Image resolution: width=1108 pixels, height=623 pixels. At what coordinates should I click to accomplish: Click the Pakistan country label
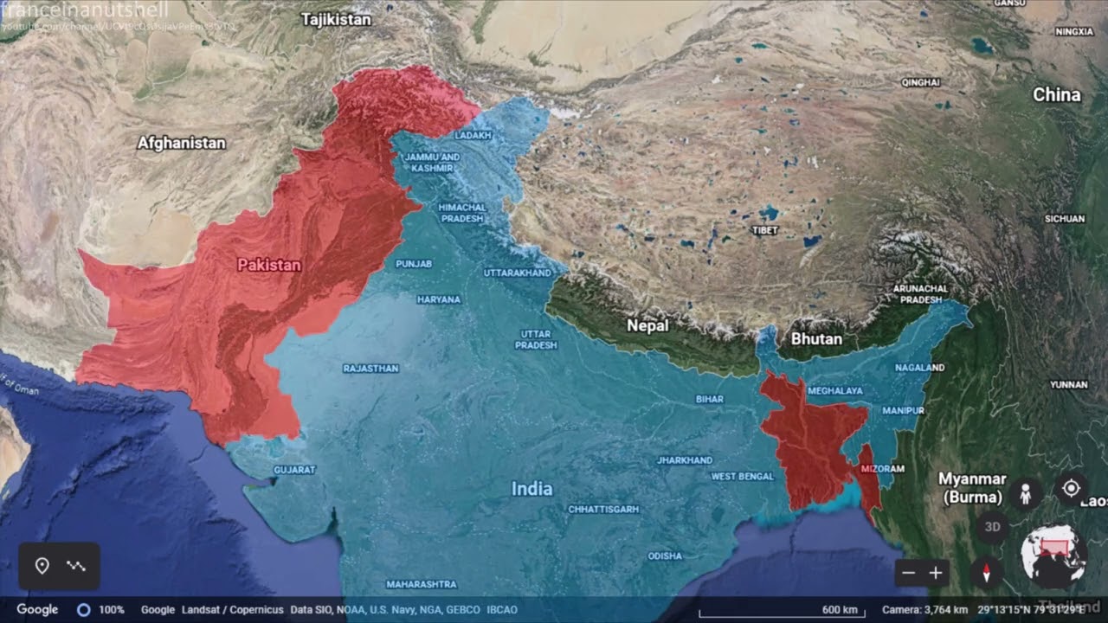pyautogui.click(x=269, y=265)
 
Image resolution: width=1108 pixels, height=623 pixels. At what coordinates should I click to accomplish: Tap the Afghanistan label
pyautogui.click(x=182, y=143)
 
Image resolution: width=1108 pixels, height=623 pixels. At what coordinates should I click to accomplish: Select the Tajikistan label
pyautogui.click(x=337, y=19)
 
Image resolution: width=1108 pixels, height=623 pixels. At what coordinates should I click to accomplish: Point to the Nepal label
pyautogui.click(x=648, y=325)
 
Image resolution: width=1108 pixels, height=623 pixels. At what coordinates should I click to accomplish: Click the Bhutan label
pyautogui.click(x=816, y=338)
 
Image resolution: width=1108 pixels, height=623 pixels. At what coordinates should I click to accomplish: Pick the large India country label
pyautogui.click(x=531, y=489)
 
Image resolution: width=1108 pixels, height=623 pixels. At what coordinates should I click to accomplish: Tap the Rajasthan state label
pyautogui.click(x=371, y=368)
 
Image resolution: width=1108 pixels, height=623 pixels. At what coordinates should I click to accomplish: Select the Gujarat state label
pyautogui.click(x=294, y=469)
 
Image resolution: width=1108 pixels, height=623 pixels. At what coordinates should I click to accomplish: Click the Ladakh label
pyautogui.click(x=473, y=136)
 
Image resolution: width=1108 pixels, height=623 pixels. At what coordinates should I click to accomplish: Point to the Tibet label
pyautogui.click(x=765, y=230)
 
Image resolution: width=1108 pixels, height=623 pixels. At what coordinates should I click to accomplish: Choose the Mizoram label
pyautogui.click(x=883, y=469)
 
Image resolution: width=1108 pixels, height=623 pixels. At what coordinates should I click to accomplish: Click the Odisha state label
pyautogui.click(x=665, y=556)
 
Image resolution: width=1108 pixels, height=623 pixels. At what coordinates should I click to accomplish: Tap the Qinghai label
pyautogui.click(x=920, y=82)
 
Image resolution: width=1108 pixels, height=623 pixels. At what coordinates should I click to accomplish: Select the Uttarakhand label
pyautogui.click(x=517, y=273)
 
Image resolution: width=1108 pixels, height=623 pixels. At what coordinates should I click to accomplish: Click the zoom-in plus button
pyautogui.click(x=936, y=573)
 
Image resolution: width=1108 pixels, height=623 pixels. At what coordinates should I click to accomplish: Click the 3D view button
pyautogui.click(x=993, y=526)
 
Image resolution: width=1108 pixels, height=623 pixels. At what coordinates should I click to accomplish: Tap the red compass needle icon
pyautogui.click(x=986, y=572)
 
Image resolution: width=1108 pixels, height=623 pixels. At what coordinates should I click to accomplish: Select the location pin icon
pyautogui.click(x=42, y=566)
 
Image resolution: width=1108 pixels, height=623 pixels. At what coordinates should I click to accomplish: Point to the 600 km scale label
pyautogui.click(x=839, y=609)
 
